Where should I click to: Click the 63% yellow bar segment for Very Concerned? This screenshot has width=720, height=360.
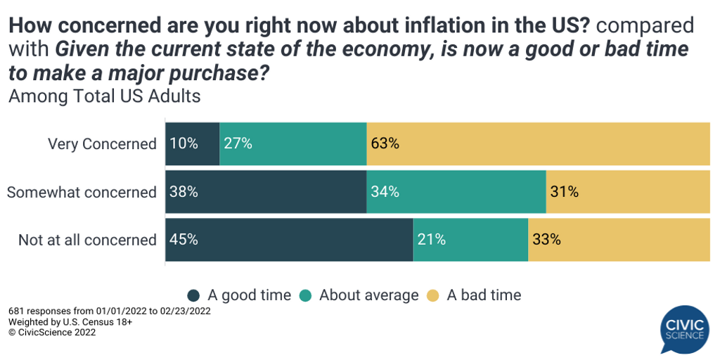(x=538, y=143)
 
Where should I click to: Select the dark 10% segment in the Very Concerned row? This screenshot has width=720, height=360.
(x=192, y=143)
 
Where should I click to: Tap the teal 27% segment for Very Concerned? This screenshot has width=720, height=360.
(x=293, y=143)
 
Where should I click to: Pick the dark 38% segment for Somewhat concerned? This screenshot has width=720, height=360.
(x=266, y=192)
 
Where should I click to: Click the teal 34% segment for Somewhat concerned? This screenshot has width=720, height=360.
(x=456, y=192)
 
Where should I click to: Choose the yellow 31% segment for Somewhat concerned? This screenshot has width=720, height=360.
(x=628, y=192)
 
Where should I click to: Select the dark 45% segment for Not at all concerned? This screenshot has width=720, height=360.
(x=289, y=240)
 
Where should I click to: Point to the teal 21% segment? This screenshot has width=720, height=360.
(x=470, y=240)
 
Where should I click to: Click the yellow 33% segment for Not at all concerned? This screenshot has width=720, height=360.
(x=619, y=240)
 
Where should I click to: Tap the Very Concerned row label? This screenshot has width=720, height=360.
(x=102, y=144)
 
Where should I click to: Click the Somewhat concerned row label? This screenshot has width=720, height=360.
(x=82, y=192)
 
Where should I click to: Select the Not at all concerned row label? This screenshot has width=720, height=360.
(x=87, y=240)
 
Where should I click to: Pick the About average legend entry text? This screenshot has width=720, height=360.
(x=368, y=295)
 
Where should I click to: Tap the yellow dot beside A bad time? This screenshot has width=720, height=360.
(x=433, y=295)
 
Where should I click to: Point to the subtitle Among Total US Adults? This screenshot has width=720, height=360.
(x=104, y=96)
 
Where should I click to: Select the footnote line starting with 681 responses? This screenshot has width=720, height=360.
(x=109, y=311)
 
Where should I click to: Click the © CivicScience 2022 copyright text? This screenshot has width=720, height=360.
(x=52, y=333)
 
